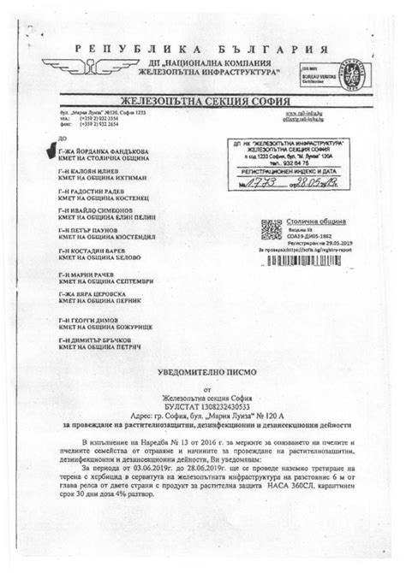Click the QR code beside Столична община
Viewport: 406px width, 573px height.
tap(272, 228)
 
